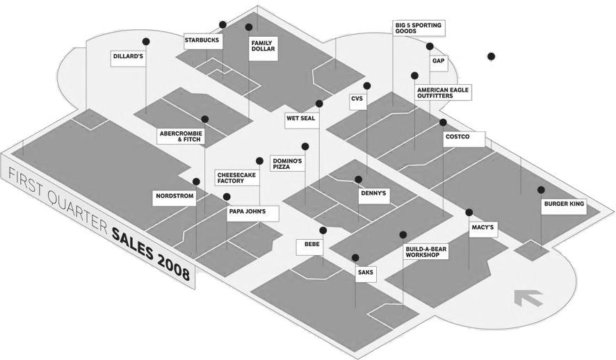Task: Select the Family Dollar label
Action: [x=264, y=47]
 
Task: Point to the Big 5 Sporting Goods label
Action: [x=418, y=28]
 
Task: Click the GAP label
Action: [x=438, y=61]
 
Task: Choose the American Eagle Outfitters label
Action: [x=442, y=92]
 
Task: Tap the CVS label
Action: [x=357, y=99]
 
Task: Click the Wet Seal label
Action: [x=300, y=119]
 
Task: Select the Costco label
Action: [x=457, y=137]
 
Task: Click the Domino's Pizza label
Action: [x=286, y=164]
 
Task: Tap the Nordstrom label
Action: [x=174, y=197]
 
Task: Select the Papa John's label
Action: [x=247, y=211]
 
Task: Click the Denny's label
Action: [x=373, y=194]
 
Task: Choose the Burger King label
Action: [x=564, y=206]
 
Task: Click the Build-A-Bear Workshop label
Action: [x=423, y=251]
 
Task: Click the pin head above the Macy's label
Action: [x=469, y=213]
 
